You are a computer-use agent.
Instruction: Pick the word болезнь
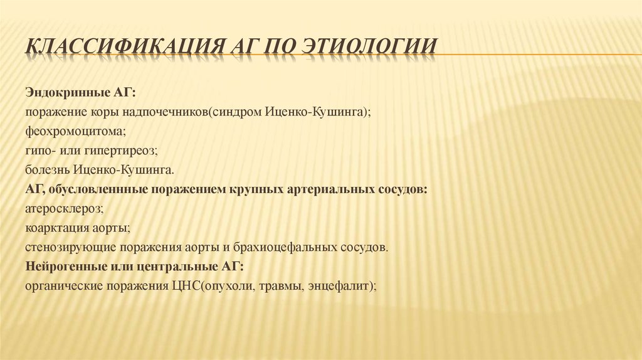[x=48, y=170]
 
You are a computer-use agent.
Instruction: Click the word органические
[x=62, y=285]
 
